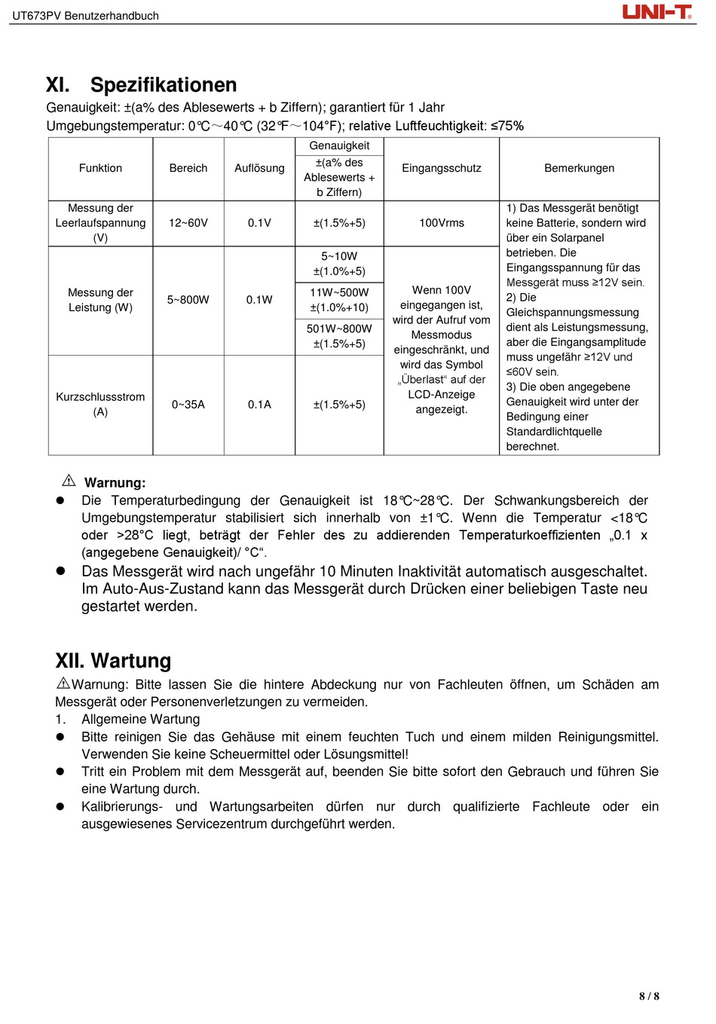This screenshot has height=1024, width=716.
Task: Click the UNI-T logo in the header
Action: (656, 12)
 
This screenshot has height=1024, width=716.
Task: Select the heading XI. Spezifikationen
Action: (142, 85)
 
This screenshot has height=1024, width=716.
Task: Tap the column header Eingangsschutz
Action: (441, 168)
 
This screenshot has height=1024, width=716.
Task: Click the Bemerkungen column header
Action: (579, 168)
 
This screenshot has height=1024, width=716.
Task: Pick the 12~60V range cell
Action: (188, 223)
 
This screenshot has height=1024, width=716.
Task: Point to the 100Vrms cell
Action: (442, 223)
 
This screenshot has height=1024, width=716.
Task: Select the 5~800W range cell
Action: (188, 300)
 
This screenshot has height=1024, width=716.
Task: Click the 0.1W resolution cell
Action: (259, 300)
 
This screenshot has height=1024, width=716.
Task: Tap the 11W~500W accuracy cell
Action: (339, 300)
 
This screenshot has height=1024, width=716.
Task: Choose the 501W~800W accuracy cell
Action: (339, 336)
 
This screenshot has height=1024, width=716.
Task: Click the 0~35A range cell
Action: (188, 405)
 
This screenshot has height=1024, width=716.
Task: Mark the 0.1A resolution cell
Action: (259, 405)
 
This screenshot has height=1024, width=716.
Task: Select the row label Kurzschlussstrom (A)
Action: (100, 405)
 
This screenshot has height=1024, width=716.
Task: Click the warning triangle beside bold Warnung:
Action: (69, 481)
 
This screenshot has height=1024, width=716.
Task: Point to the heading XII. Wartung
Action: (113, 661)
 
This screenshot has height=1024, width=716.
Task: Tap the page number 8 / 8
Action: (649, 996)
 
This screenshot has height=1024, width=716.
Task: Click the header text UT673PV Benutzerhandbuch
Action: (86, 16)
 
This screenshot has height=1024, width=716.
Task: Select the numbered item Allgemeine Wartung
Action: (141, 720)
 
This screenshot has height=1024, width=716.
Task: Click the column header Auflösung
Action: (259, 168)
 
